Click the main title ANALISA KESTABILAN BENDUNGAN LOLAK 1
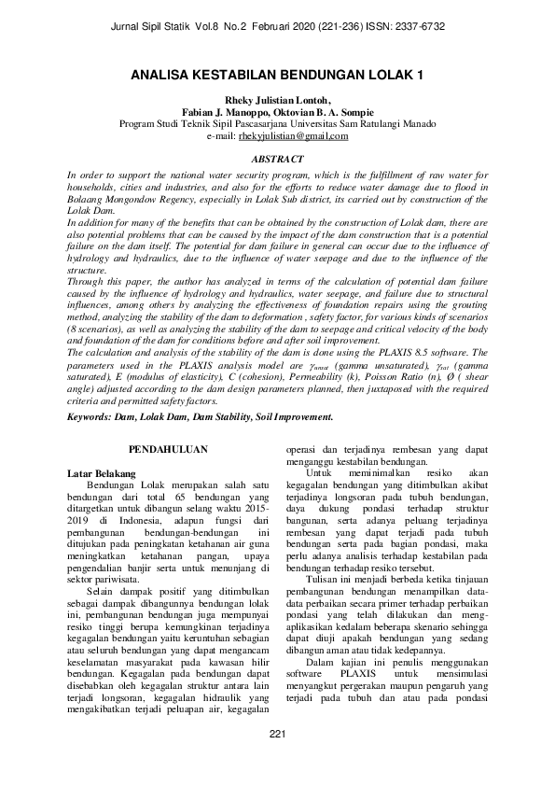click(x=277, y=72)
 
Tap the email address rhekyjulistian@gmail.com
click(x=293, y=135)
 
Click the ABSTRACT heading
click(x=277, y=160)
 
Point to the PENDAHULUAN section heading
click(x=167, y=449)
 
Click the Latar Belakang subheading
click(x=102, y=474)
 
